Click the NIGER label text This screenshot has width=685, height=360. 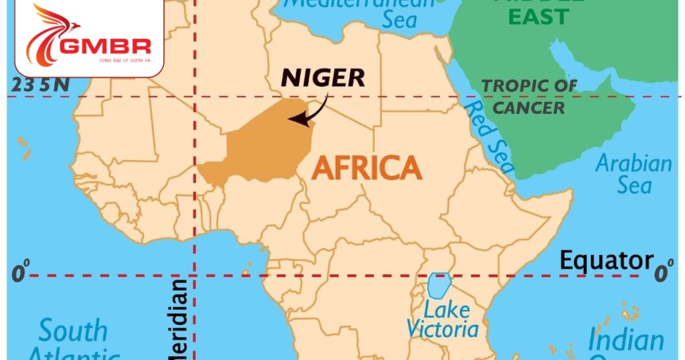(323, 78)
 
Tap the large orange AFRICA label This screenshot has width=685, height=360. (367, 167)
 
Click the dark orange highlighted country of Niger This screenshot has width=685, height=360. (261, 144)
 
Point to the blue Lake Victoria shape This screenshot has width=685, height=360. (438, 285)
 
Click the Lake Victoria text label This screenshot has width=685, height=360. (443, 319)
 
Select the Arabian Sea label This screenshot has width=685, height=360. (633, 173)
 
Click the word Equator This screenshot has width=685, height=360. (606, 260)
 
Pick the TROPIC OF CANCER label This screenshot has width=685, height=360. (530, 96)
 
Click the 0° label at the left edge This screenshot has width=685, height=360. (21, 274)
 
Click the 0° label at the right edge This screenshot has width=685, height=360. (664, 273)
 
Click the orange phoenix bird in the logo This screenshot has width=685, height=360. (50, 33)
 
